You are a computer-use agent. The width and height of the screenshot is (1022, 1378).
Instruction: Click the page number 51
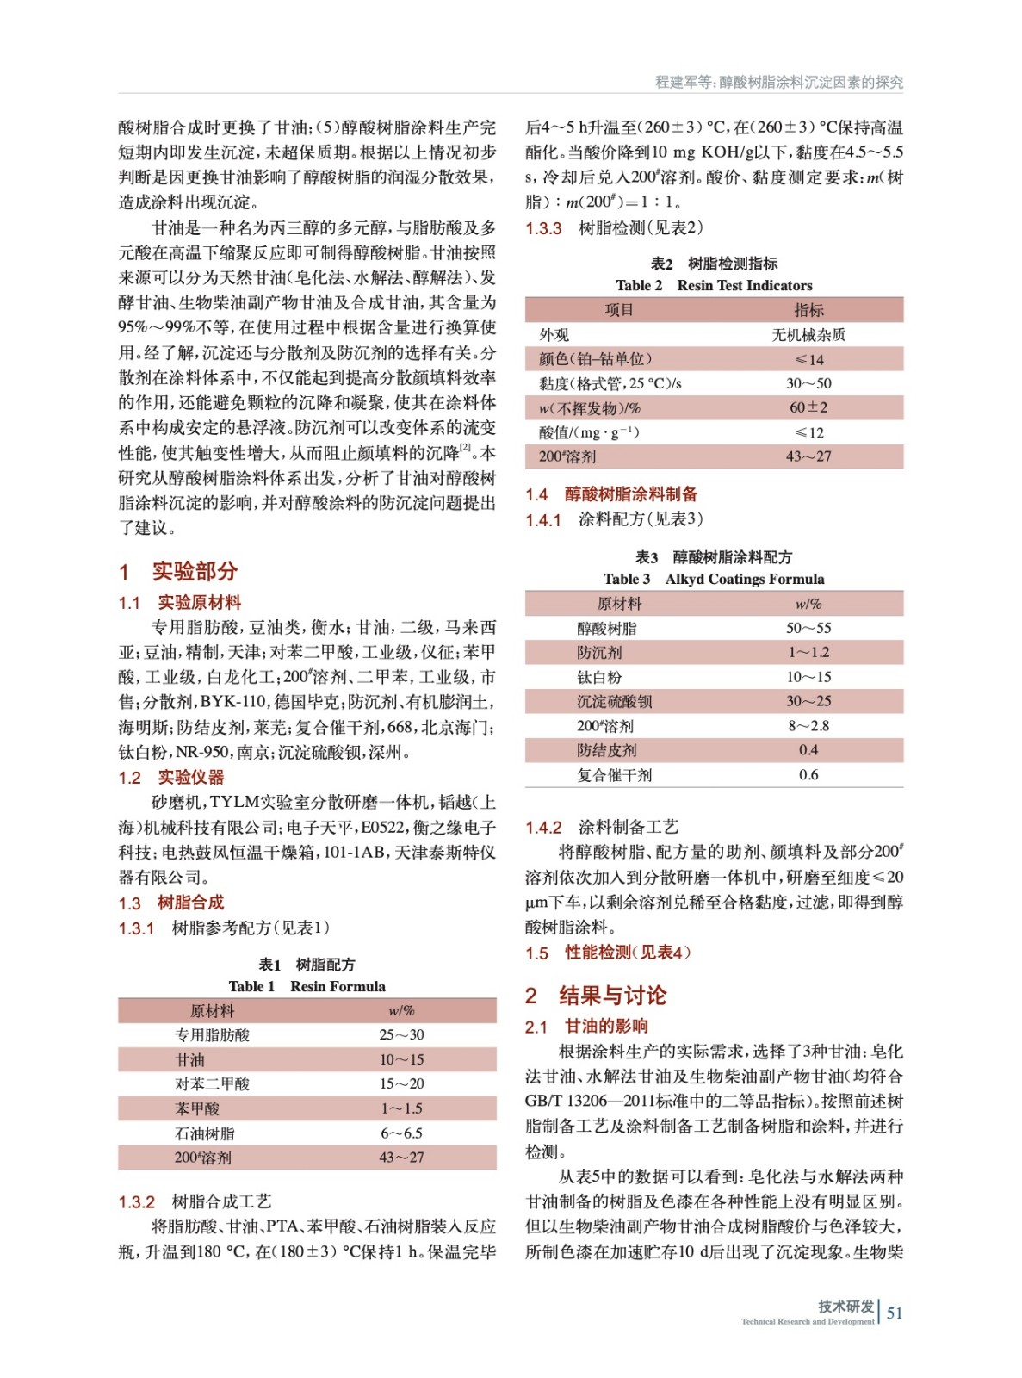tap(895, 1313)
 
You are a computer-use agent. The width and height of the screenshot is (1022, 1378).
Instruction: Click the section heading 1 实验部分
tap(178, 571)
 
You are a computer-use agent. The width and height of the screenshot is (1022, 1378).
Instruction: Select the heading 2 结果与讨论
tap(596, 996)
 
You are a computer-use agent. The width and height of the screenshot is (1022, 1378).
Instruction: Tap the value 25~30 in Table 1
tap(401, 1034)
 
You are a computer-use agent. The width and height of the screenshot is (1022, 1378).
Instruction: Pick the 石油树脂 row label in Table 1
tap(204, 1133)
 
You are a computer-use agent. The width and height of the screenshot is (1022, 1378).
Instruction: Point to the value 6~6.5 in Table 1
tap(401, 1133)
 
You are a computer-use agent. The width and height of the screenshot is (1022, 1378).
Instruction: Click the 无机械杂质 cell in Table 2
tap(808, 334)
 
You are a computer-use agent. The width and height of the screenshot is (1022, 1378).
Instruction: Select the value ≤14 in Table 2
tap(808, 359)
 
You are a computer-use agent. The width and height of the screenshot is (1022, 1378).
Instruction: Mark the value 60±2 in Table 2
tap(808, 407)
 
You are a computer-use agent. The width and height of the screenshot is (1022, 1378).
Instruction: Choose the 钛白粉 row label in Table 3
tap(599, 677)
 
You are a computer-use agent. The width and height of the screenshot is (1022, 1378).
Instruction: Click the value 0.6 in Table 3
tap(808, 774)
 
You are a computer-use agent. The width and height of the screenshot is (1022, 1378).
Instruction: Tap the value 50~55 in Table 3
tap(808, 628)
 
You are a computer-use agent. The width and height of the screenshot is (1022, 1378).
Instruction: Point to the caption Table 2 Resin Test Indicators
tap(714, 285)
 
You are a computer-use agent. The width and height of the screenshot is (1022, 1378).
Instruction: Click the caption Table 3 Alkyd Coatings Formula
tap(714, 579)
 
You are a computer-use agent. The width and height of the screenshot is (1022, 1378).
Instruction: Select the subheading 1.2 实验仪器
tap(171, 778)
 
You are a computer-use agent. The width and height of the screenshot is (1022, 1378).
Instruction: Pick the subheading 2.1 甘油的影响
tap(586, 1026)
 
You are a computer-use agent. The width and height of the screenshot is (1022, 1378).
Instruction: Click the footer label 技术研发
tap(845, 1306)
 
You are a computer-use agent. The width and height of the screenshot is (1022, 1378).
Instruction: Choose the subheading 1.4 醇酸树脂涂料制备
tap(611, 494)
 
